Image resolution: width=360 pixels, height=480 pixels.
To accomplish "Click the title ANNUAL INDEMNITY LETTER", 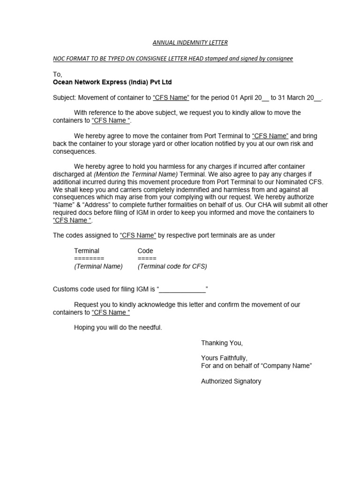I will [190, 43].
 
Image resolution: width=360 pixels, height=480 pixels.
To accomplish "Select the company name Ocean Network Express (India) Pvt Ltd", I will [112, 82].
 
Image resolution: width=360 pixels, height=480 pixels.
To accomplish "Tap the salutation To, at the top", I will [57, 75].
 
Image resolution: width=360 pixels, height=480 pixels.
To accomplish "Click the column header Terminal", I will [87, 251].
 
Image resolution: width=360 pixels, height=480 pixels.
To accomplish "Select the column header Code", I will [145, 251].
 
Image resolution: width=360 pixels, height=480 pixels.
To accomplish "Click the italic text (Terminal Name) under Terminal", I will [98, 266].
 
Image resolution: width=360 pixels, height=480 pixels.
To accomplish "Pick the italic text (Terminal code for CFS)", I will [172, 266].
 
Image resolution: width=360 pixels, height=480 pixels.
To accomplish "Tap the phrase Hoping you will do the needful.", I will [118, 328].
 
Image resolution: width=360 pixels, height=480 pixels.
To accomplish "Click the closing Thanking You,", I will [222, 343].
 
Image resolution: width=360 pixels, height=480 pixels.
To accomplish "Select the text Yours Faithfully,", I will [224, 358].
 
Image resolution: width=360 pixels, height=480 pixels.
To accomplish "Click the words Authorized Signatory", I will [231, 381].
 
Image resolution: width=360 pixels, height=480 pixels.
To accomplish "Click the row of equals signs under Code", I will [147, 258].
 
